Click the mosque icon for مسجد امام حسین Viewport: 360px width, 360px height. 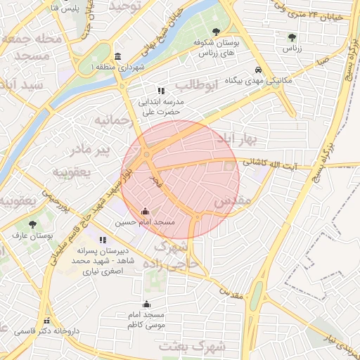point(146,211)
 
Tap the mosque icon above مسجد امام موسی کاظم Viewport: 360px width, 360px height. point(146,304)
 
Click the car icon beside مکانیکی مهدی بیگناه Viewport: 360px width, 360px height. point(259,70)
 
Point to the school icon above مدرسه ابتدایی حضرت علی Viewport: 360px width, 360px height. point(161,91)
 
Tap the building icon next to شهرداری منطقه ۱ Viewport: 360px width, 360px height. point(117,56)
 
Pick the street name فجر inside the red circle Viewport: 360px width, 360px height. point(153,181)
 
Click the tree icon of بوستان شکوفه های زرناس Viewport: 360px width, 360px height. point(215,32)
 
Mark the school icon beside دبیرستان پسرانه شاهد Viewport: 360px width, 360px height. point(103,240)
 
